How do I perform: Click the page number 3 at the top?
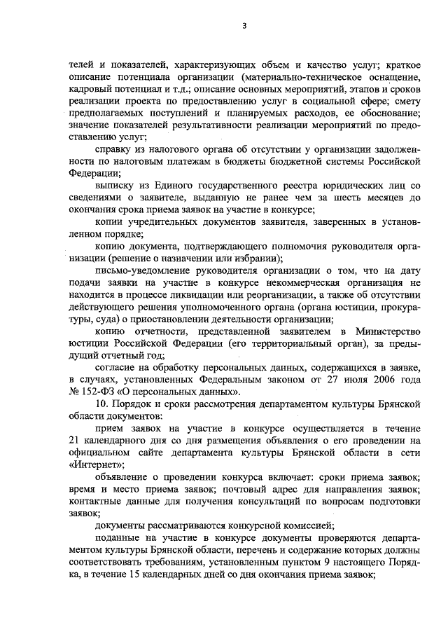click(244, 26)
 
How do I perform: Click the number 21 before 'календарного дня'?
click(75, 441)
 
